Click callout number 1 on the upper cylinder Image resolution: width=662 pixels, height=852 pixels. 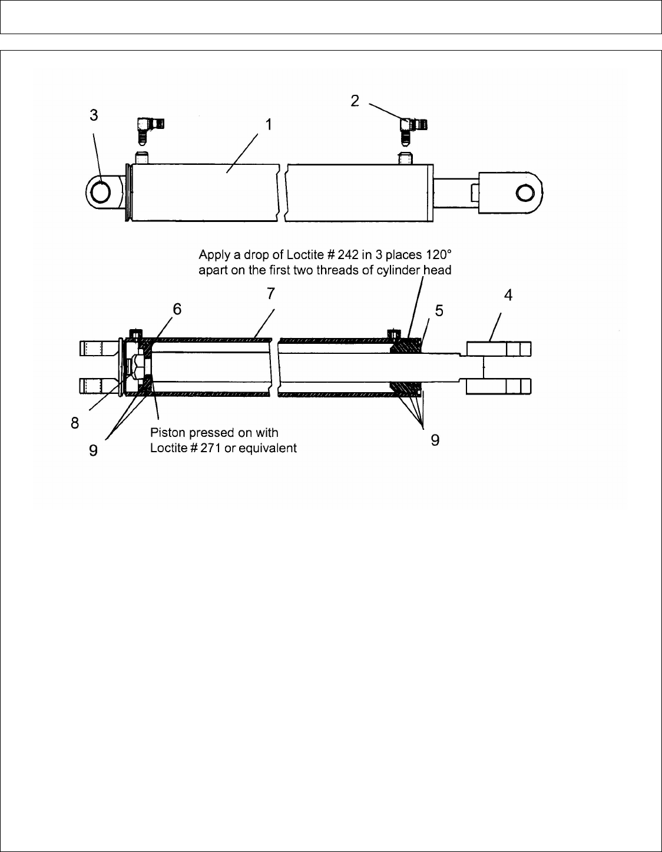[x=269, y=125]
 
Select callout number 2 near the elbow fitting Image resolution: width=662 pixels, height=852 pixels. [x=355, y=101]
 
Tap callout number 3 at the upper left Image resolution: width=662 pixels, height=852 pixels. [x=94, y=115]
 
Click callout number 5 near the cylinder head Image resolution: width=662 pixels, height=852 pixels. [x=439, y=310]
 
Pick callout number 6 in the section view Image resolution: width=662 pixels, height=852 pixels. [x=177, y=309]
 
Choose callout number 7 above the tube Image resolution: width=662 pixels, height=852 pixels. [x=271, y=293]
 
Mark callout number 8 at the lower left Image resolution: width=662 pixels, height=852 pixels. [x=75, y=423]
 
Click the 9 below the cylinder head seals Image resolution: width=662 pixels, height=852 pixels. [x=435, y=439]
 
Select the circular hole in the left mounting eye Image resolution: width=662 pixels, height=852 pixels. [x=101, y=193]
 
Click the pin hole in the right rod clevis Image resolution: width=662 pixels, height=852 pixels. [x=524, y=193]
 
